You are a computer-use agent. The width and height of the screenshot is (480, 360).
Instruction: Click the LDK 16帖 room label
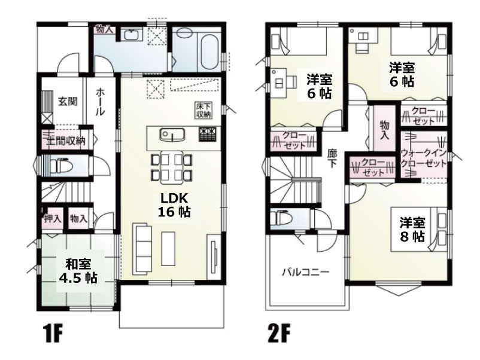(x=174, y=205)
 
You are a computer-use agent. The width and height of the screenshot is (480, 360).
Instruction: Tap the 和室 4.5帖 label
(x=78, y=271)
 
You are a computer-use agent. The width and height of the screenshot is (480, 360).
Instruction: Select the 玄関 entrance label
(x=68, y=101)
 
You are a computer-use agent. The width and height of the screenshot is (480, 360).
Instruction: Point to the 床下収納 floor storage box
(x=204, y=110)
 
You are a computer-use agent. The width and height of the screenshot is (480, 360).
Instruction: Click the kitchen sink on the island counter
(x=172, y=135)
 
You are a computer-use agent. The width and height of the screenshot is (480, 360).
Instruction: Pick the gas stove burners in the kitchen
(x=208, y=134)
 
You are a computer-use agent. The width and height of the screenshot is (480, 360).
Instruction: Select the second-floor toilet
(x=281, y=218)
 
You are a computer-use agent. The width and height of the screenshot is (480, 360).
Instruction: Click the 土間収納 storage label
(x=66, y=141)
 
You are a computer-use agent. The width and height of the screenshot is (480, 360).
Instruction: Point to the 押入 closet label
(x=53, y=218)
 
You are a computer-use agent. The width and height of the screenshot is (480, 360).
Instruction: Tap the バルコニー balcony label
(x=305, y=272)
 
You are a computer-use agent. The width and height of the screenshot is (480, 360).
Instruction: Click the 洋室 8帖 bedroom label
(x=412, y=230)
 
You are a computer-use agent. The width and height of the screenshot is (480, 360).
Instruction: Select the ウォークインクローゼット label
(x=424, y=158)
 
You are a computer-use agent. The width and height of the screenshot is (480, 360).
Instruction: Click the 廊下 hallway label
(x=332, y=158)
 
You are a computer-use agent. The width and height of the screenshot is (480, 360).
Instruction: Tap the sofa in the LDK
(x=142, y=249)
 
